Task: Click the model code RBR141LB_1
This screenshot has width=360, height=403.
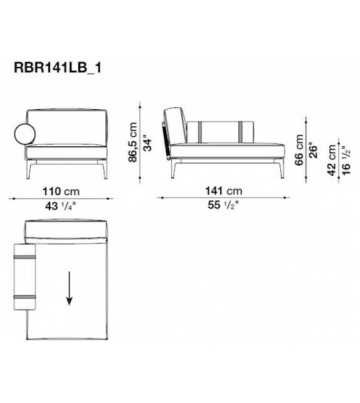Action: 58,68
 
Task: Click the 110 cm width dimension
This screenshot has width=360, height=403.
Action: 61,191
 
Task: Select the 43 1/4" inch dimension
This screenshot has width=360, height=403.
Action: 61,206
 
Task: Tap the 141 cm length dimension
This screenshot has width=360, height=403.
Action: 223,191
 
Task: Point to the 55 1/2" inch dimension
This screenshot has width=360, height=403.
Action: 223,205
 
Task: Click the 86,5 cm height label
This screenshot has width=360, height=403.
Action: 133,142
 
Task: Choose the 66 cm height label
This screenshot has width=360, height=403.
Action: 299,150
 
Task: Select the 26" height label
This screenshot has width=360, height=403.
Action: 314,150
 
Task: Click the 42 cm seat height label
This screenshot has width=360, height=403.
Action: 332,160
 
